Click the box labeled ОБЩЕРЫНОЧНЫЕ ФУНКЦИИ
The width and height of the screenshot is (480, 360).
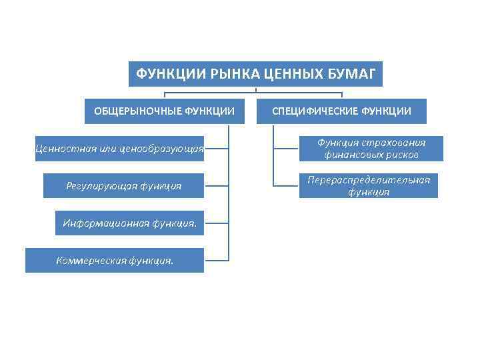[163, 111]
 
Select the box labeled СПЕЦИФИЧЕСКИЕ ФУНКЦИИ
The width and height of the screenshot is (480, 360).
[341, 111]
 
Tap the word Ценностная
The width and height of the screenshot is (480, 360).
[65, 148]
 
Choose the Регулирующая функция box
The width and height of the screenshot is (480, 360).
[124, 185]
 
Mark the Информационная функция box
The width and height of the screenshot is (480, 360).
[129, 223]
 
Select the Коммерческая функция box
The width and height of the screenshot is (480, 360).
[115, 260]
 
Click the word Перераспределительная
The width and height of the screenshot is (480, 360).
[369, 180]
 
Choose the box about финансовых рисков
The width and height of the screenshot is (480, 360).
[371, 149]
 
